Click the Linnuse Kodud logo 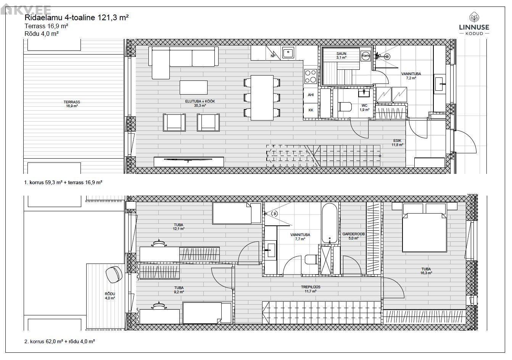(474, 24)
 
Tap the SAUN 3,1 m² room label (341, 56)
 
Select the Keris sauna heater (365, 56)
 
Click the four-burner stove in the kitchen (311, 76)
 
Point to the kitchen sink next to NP (288, 53)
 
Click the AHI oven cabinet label (311, 95)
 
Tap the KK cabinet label (311, 110)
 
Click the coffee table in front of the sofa (193, 87)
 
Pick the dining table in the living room (262, 98)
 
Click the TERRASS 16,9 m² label (72, 104)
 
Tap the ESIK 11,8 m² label (397, 143)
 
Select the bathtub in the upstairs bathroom (329, 223)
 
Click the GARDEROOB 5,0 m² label (353, 236)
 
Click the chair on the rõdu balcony (114, 275)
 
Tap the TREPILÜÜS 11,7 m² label (311, 289)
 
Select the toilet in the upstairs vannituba (311, 259)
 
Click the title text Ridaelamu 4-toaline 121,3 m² (77, 18)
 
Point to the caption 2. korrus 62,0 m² (43, 341)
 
